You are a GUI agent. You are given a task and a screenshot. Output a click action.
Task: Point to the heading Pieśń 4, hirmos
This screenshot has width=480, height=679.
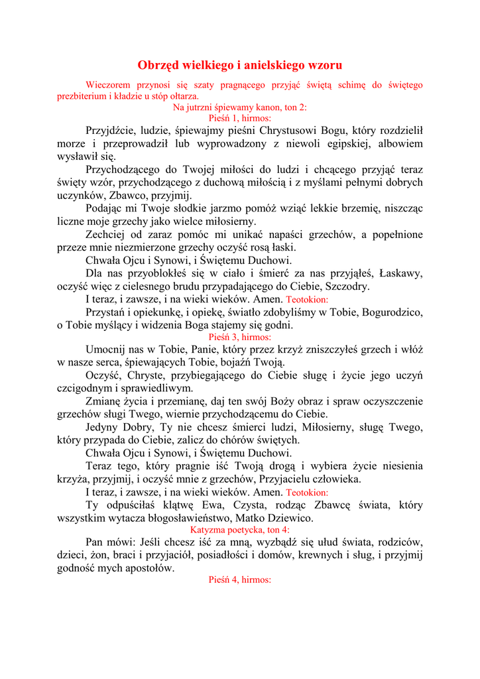[x=239, y=580]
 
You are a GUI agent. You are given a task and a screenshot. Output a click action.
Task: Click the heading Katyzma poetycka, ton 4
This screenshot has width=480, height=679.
[x=239, y=530]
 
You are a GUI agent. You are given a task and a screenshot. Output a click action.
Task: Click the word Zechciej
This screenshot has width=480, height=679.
[x=107, y=235]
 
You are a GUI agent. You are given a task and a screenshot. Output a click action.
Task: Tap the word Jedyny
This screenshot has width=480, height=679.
[x=103, y=427]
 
